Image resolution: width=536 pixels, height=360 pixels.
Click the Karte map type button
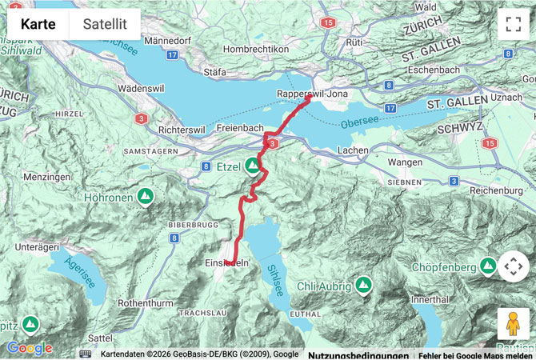click(x=38, y=24)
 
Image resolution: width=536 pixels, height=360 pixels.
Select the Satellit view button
click(x=105, y=24)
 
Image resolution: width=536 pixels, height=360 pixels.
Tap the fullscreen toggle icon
click(x=513, y=24)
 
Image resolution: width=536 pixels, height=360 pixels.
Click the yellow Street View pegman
click(x=513, y=324)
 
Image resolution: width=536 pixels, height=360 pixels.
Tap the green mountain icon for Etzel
click(x=253, y=166)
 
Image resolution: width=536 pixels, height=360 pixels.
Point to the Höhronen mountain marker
click(x=146, y=195)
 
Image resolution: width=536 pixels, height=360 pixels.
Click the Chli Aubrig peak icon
click(x=364, y=284)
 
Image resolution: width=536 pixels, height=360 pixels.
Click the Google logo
click(x=30, y=348)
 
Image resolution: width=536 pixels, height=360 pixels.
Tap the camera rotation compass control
click(x=513, y=266)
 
